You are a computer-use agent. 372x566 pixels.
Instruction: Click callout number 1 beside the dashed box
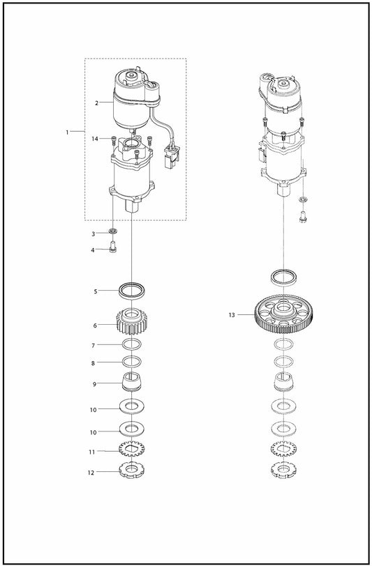point(67,132)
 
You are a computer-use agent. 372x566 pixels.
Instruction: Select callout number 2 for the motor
point(96,103)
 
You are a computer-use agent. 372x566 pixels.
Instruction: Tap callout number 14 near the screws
point(95,139)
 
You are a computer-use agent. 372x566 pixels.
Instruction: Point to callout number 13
point(232,315)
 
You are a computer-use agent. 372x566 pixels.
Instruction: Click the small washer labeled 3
point(113,230)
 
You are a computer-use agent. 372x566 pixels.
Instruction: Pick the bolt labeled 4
point(112,248)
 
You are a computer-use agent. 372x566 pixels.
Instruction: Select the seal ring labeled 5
point(132,290)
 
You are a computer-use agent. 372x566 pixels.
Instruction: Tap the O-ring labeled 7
point(132,344)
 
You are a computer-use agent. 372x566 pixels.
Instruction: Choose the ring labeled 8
point(132,361)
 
